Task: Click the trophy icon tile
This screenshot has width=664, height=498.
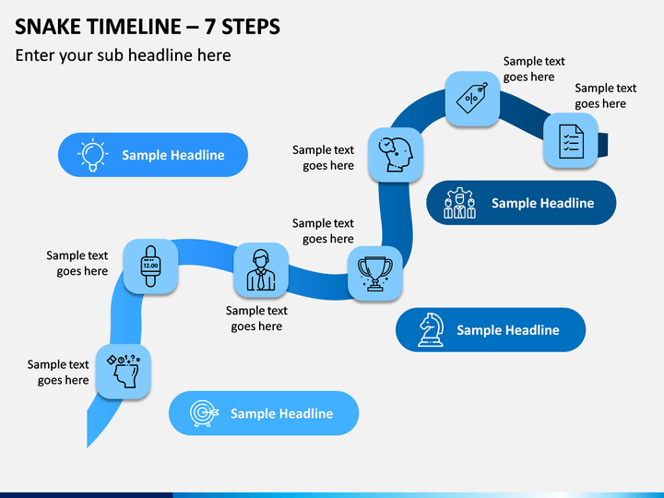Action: (x=375, y=274)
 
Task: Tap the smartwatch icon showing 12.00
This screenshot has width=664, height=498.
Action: (x=150, y=266)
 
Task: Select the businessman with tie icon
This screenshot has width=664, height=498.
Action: (x=261, y=270)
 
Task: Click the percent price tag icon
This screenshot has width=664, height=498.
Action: (x=472, y=99)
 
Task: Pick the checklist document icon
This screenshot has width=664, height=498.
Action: (x=571, y=141)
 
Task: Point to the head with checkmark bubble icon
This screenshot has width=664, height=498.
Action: (x=395, y=155)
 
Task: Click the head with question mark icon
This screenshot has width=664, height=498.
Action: (x=124, y=372)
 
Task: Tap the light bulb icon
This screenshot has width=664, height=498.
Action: (x=93, y=155)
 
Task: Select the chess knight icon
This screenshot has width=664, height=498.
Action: (x=431, y=330)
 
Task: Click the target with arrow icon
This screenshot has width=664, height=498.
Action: (x=204, y=413)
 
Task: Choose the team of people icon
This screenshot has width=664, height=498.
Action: (x=459, y=203)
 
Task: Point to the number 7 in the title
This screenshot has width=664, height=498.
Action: (x=209, y=27)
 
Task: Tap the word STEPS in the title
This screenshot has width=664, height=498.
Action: (x=251, y=27)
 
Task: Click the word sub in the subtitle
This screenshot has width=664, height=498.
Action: (x=111, y=55)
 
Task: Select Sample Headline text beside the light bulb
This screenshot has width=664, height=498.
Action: (x=173, y=155)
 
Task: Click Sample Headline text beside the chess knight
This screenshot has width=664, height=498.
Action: (x=508, y=330)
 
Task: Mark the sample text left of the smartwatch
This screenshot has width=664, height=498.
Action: (x=77, y=263)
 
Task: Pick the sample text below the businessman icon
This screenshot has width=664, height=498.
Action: (x=256, y=318)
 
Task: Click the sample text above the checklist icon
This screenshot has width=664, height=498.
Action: (x=606, y=96)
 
